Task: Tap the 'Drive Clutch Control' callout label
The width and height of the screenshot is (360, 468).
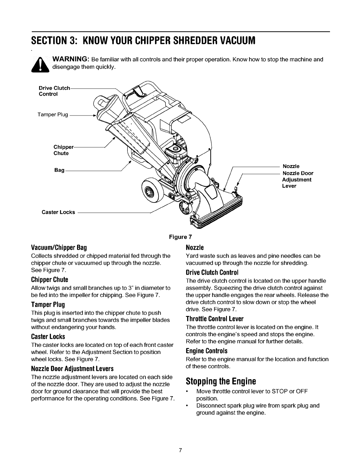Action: pyautogui.click(x=54, y=91)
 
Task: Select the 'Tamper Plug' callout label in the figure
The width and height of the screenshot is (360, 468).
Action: pyautogui.click(x=53, y=115)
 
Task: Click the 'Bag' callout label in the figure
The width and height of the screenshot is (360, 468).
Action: pyautogui.click(x=59, y=170)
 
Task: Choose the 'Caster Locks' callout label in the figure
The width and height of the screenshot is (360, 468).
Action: pyautogui.click(x=58, y=212)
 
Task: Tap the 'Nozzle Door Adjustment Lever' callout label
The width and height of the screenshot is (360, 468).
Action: pyautogui.click(x=297, y=179)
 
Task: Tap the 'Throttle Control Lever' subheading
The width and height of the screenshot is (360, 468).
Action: pyautogui.click(x=214, y=319)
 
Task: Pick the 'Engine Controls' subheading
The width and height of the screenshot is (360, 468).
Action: pyautogui.click(x=206, y=350)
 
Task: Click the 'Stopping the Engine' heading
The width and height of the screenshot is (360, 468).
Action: pyautogui.click(x=220, y=381)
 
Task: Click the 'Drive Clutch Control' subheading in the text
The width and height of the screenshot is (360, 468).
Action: pyautogui.click(x=212, y=272)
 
